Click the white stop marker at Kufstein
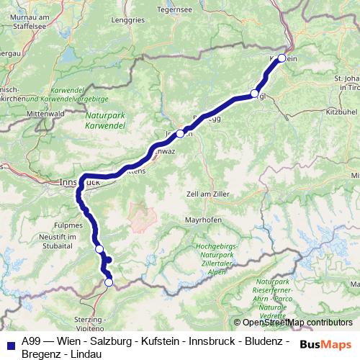point(282,58)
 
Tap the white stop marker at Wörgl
point(255,93)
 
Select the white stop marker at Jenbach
point(180,133)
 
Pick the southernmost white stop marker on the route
point(109,283)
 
